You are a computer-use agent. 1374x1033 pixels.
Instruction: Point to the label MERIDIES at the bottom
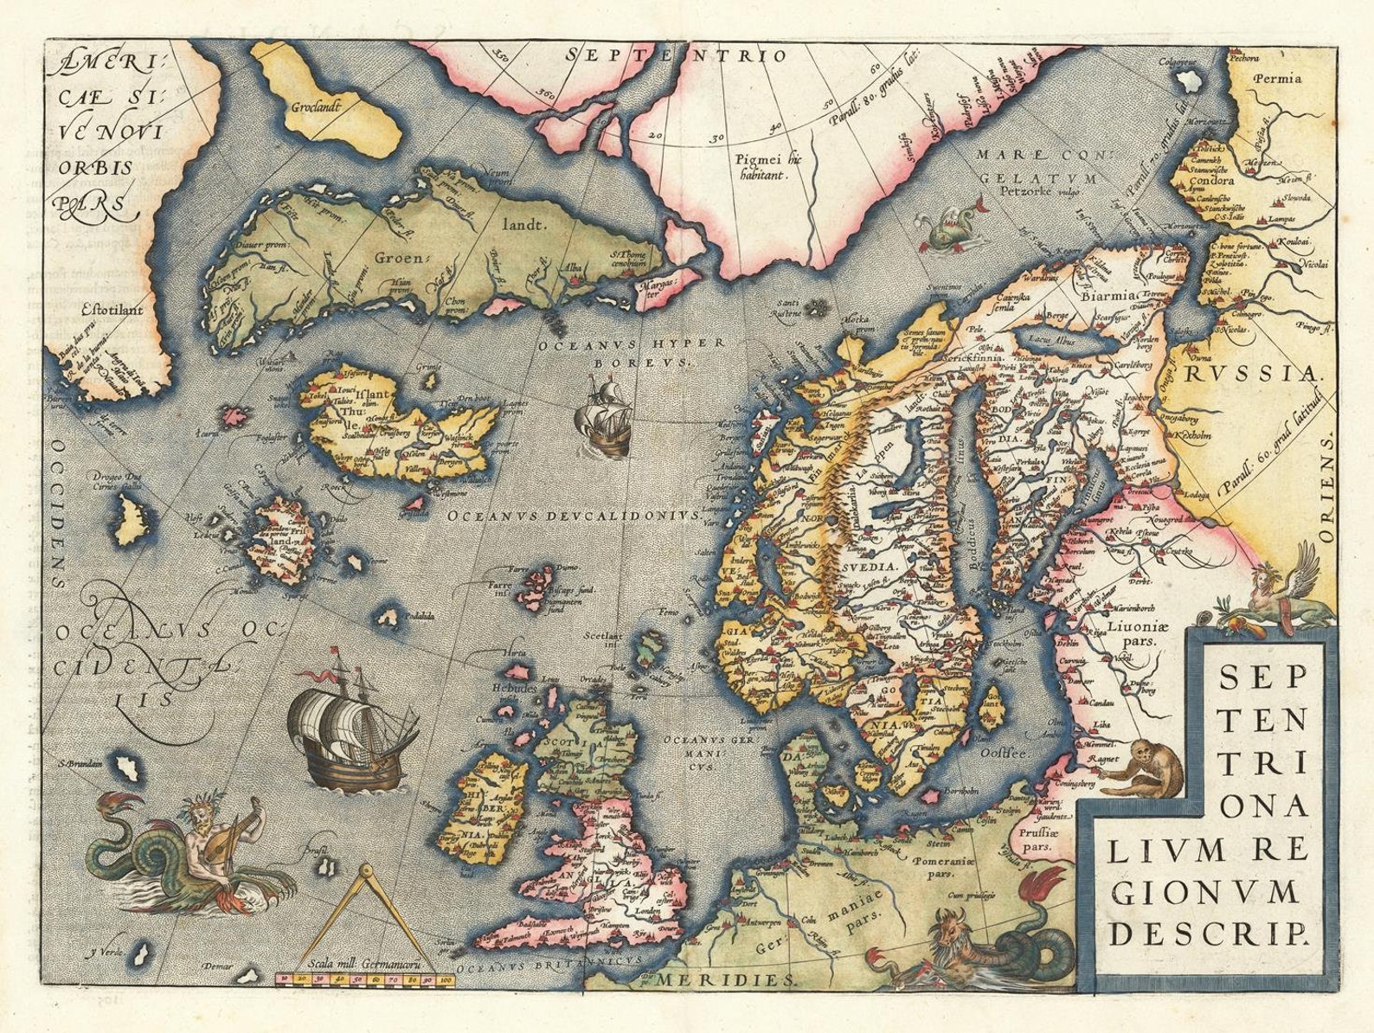click(x=725, y=978)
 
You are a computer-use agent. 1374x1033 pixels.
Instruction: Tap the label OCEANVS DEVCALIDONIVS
click(x=575, y=515)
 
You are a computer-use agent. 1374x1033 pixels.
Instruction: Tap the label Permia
click(x=1276, y=79)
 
